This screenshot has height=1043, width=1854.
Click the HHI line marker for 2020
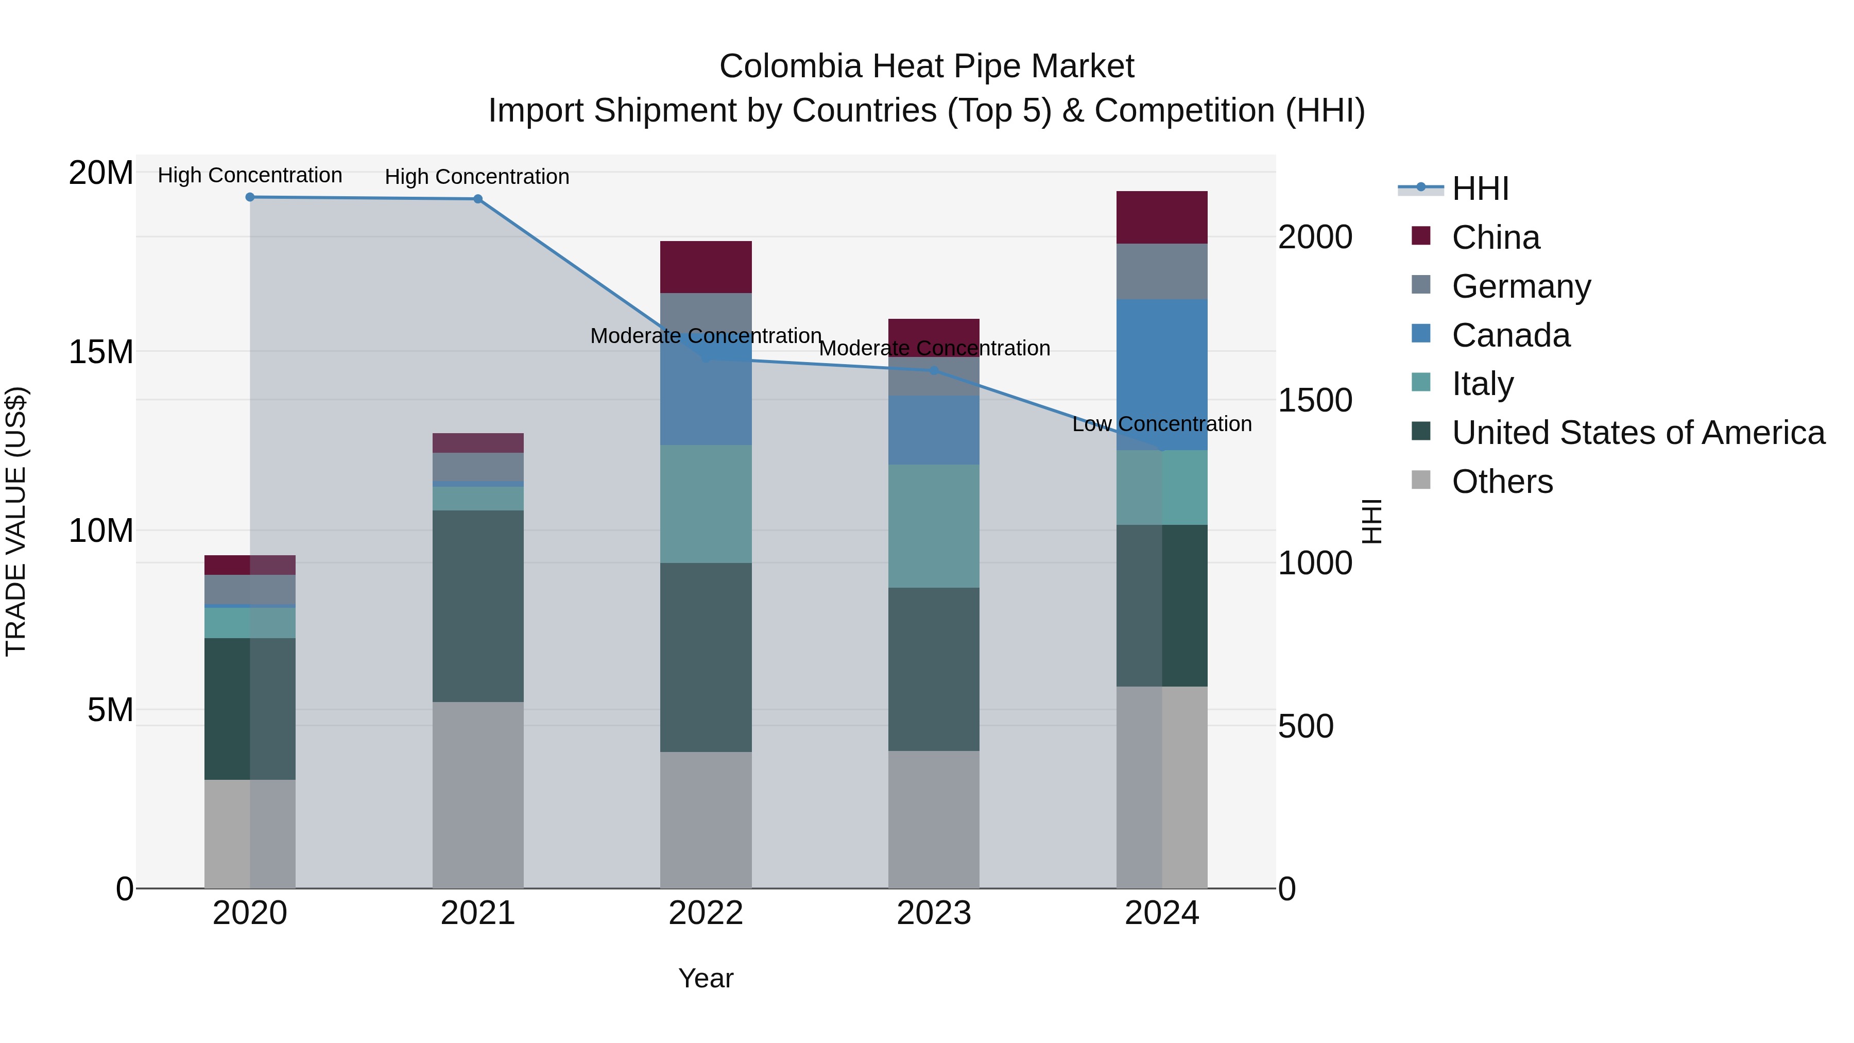(x=250, y=197)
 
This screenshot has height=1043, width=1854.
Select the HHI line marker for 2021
(x=478, y=199)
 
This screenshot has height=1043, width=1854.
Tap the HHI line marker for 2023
(x=934, y=371)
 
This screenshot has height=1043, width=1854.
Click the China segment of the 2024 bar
(x=1162, y=217)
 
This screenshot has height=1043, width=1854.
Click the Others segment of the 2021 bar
(x=478, y=795)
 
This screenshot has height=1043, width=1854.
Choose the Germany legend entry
(x=1521, y=286)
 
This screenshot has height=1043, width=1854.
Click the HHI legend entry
(x=1480, y=189)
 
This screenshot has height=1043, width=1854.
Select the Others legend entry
(x=1502, y=482)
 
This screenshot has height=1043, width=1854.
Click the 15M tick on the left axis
(x=101, y=352)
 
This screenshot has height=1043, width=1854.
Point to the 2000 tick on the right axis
(x=1315, y=237)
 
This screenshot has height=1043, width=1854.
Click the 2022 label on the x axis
(x=706, y=913)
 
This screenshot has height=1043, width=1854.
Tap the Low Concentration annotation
(x=1162, y=424)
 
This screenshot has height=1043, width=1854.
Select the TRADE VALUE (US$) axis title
(x=16, y=521)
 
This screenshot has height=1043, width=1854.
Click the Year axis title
(x=706, y=978)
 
